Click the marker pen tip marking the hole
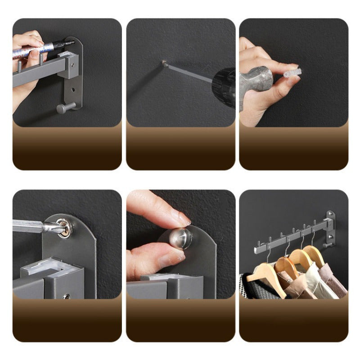point(72,43)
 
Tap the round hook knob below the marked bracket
point(62,108)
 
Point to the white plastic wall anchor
point(292,73)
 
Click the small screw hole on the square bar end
point(67,296)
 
